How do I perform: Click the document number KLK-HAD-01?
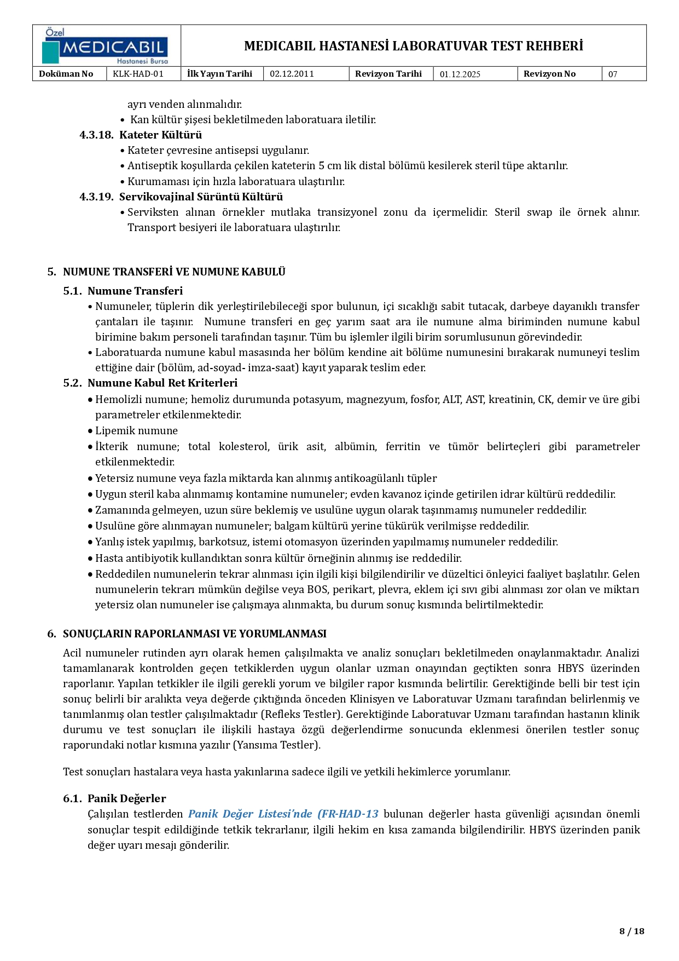point(138,74)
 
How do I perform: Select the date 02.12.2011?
point(292,74)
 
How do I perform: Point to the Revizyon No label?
point(549,74)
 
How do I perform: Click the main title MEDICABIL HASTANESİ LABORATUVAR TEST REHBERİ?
point(413,46)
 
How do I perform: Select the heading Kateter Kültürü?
point(160,135)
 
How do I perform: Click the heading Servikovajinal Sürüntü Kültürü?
point(201,197)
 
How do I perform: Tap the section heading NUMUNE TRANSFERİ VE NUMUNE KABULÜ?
point(174,272)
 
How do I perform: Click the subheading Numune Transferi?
point(135,291)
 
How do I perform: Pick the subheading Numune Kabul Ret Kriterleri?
point(162,383)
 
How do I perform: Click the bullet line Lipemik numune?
point(136,430)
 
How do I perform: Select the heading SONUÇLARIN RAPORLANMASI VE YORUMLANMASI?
point(194,634)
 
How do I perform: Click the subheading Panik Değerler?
point(126,798)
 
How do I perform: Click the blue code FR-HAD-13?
point(350,814)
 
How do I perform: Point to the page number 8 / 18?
point(631,931)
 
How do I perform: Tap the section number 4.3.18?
point(96,135)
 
